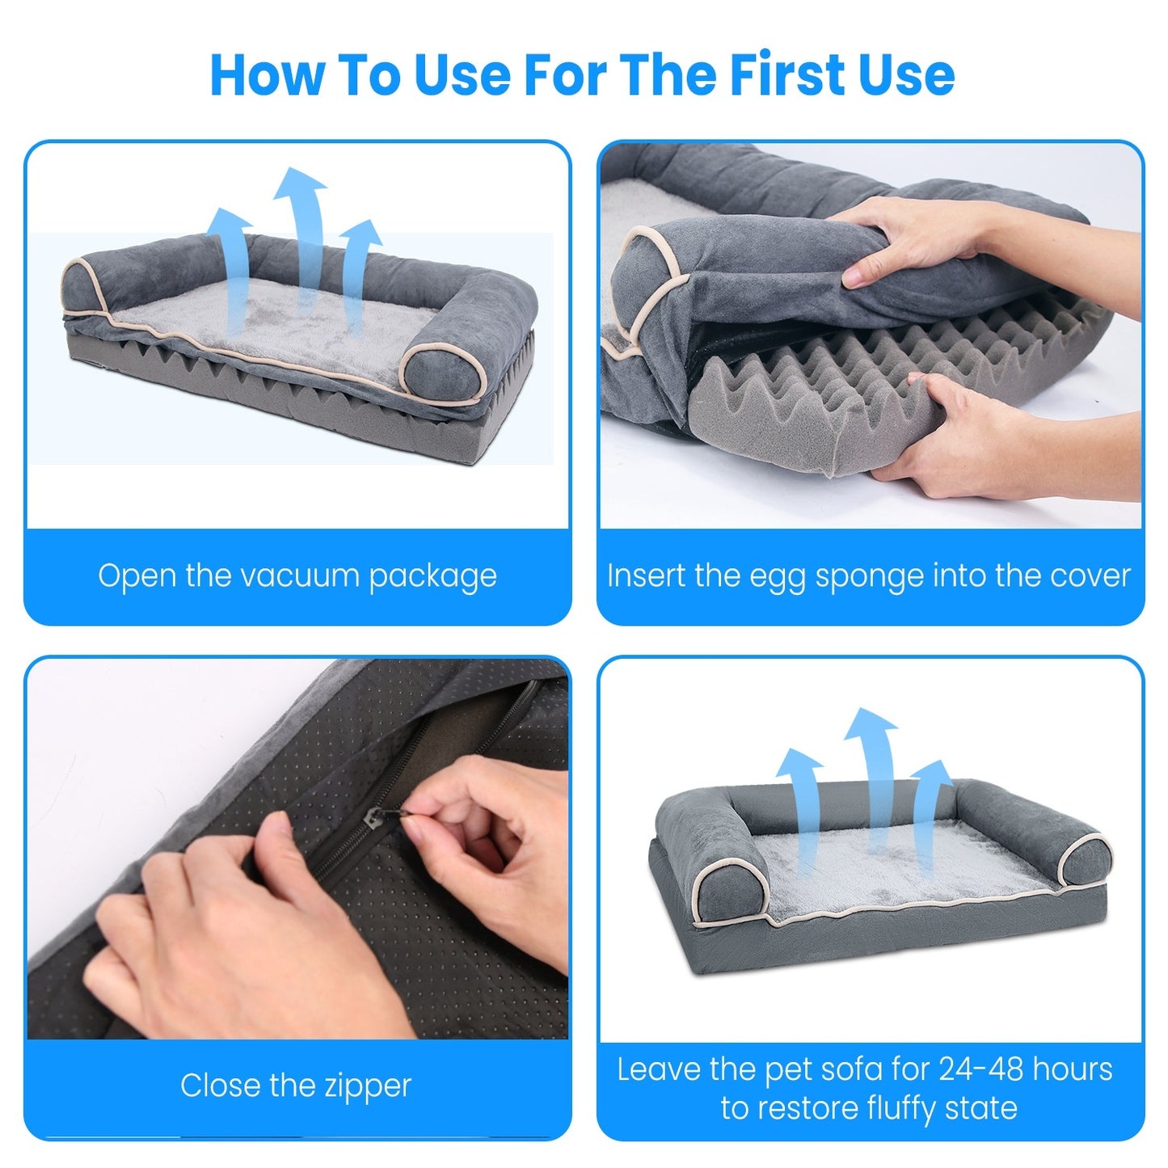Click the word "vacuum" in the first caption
pyautogui.click(x=300, y=576)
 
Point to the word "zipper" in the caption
pyautogui.click(x=368, y=1086)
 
